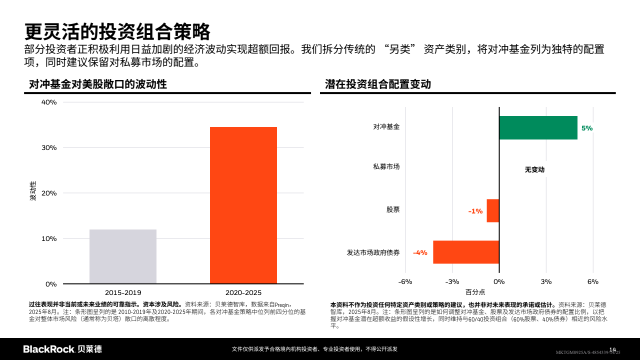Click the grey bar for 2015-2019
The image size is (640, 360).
[x=123, y=256]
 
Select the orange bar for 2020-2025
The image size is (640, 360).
[x=243, y=205]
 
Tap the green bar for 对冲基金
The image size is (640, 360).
[x=538, y=127]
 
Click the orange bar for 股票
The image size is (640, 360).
[x=493, y=210]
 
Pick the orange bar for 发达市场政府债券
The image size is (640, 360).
[x=466, y=252]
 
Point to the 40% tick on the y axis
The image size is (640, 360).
[x=49, y=102]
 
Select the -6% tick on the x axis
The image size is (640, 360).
[x=405, y=281]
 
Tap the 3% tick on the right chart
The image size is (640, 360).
[x=546, y=281]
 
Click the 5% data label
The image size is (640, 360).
[x=587, y=128]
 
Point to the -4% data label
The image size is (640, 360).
[x=420, y=252]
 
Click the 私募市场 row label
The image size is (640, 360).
[x=386, y=166]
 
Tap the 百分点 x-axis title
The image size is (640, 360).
[x=475, y=292]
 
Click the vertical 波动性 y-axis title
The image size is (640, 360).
[x=33, y=191]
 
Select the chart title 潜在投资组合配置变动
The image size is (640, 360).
[x=377, y=84]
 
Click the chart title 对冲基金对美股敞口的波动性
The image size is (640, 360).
[x=97, y=84]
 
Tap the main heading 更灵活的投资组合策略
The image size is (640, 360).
[x=117, y=31]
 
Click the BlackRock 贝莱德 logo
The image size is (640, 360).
[x=62, y=349]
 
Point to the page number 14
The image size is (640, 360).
[x=612, y=349]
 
